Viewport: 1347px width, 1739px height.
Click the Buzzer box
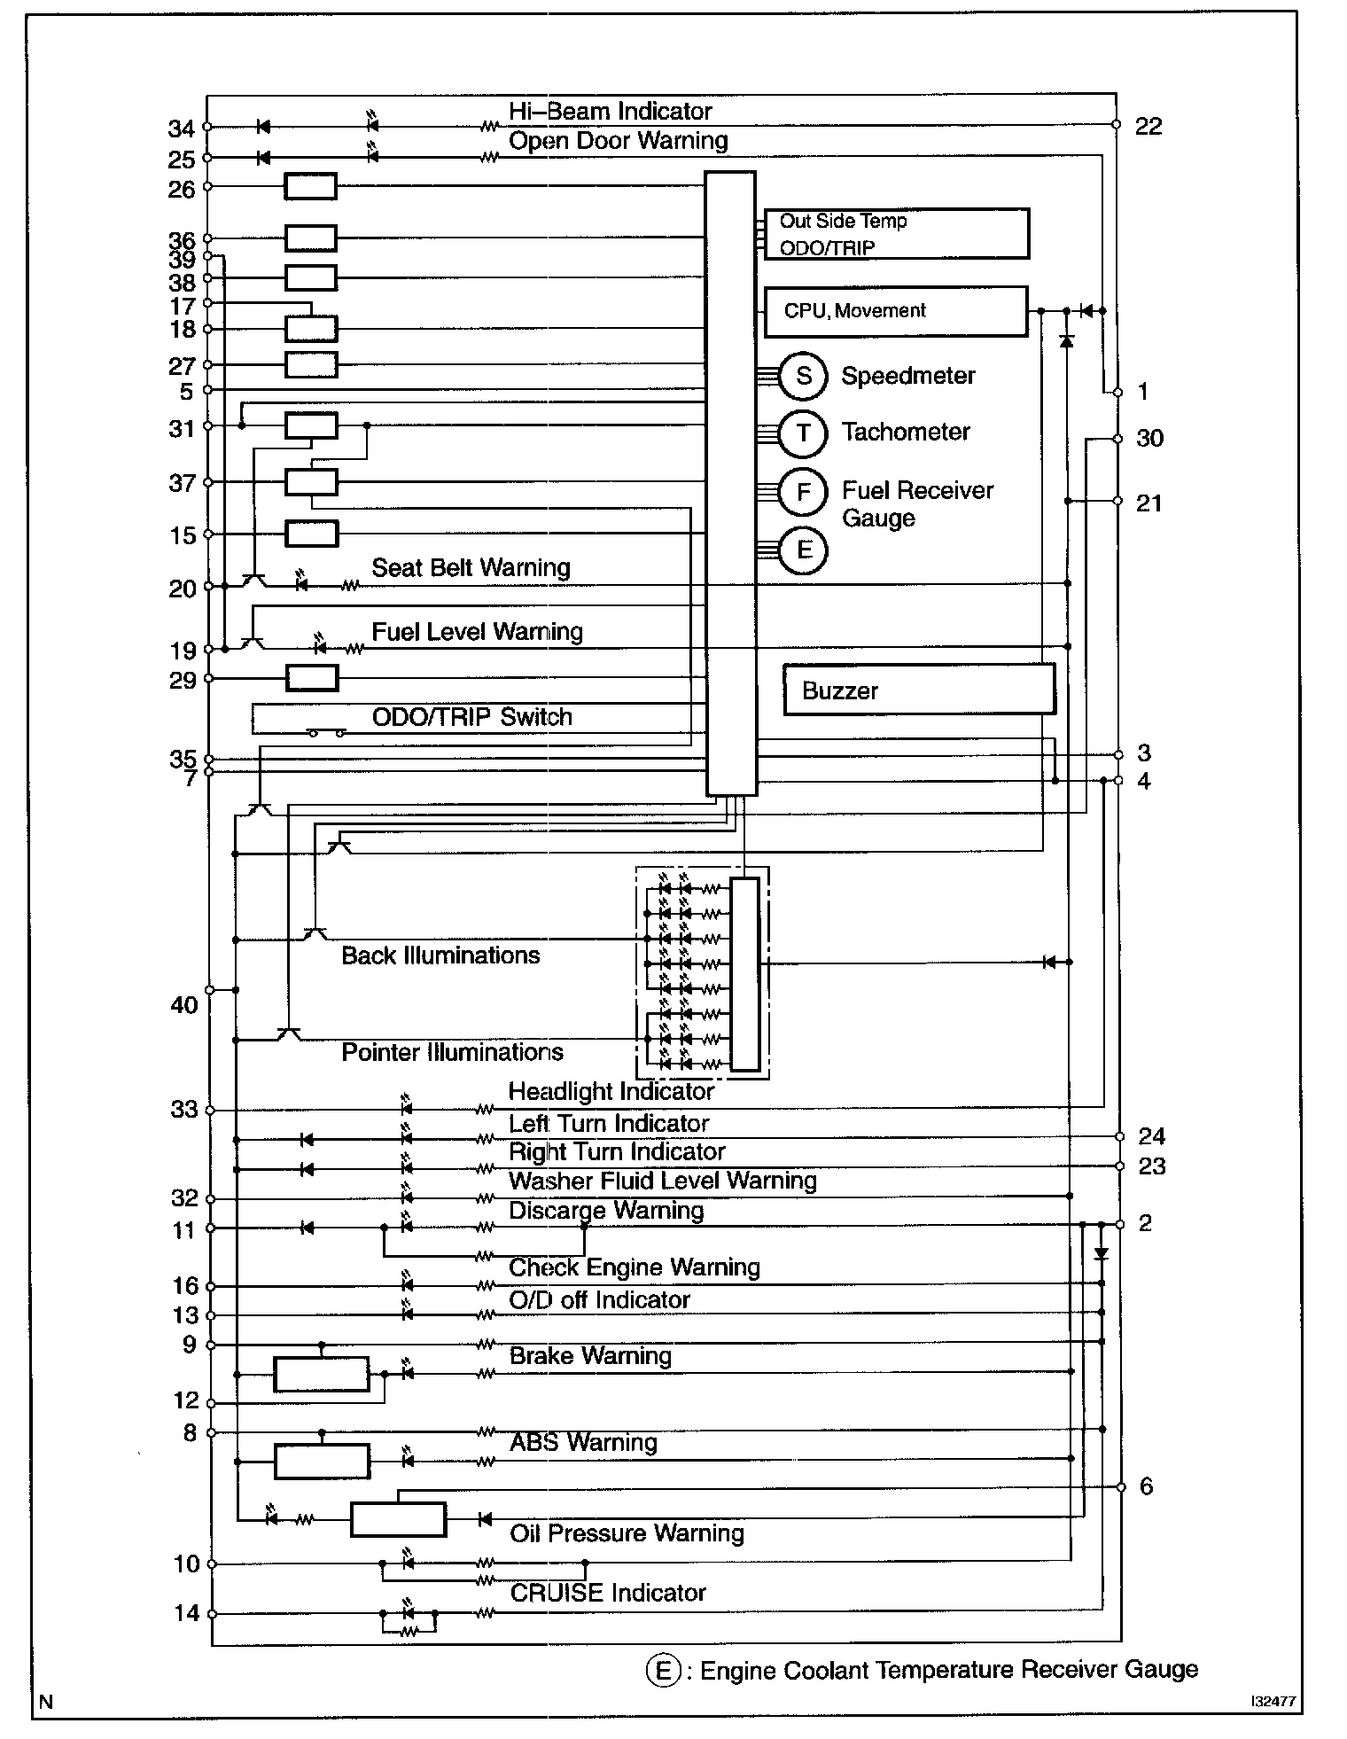(x=919, y=690)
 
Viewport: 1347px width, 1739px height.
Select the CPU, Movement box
(x=895, y=311)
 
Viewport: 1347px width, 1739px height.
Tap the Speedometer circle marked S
(x=803, y=376)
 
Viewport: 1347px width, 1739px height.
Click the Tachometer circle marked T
(x=803, y=433)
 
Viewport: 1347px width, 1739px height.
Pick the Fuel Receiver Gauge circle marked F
(x=803, y=491)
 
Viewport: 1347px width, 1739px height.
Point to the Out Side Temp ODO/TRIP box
(x=896, y=234)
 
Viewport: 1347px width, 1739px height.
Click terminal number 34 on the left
(x=182, y=129)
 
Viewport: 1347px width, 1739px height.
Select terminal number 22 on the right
(x=1148, y=127)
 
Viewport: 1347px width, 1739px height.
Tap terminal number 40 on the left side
(x=184, y=1005)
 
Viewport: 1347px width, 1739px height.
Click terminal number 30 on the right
(x=1149, y=439)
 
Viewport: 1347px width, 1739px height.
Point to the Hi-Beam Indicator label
(x=610, y=112)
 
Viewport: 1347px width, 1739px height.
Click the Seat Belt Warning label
(x=471, y=568)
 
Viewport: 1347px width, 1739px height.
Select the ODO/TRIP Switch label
(x=471, y=717)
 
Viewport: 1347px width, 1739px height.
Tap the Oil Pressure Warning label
(x=627, y=1533)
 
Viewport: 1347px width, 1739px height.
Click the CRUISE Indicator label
(x=608, y=1593)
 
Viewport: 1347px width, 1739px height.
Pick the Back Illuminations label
(x=440, y=955)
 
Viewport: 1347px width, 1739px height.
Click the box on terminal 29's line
(x=311, y=679)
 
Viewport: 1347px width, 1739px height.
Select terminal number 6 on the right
(x=1146, y=1486)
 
